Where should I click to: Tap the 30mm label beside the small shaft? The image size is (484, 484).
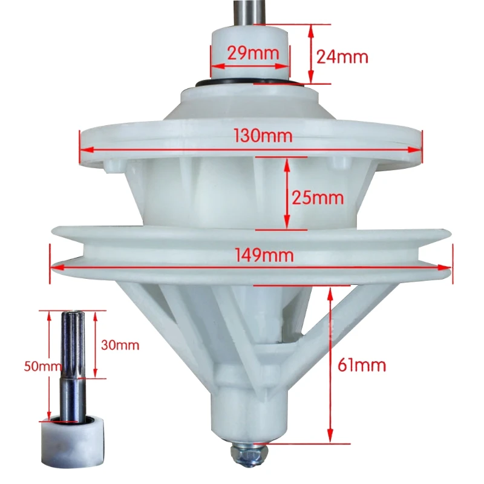[x=120, y=345]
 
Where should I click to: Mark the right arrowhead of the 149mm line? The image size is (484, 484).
[x=448, y=266]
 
